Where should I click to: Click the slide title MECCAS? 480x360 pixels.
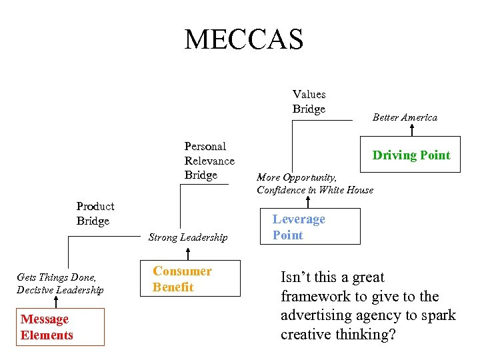coord(244,40)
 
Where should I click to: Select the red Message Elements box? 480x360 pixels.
coord(60,327)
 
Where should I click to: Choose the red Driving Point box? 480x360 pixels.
coord(411,155)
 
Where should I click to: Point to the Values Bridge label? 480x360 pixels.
coord(309,101)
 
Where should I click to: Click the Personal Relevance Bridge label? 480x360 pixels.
coord(209,161)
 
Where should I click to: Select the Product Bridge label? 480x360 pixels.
coord(95,213)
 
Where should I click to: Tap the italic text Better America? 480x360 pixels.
coord(405,117)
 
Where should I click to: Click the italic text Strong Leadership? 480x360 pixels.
coord(188,237)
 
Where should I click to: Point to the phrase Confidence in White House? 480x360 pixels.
coord(315,190)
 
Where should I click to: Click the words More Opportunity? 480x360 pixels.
coord(297,178)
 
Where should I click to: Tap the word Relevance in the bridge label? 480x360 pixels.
coord(209,161)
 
